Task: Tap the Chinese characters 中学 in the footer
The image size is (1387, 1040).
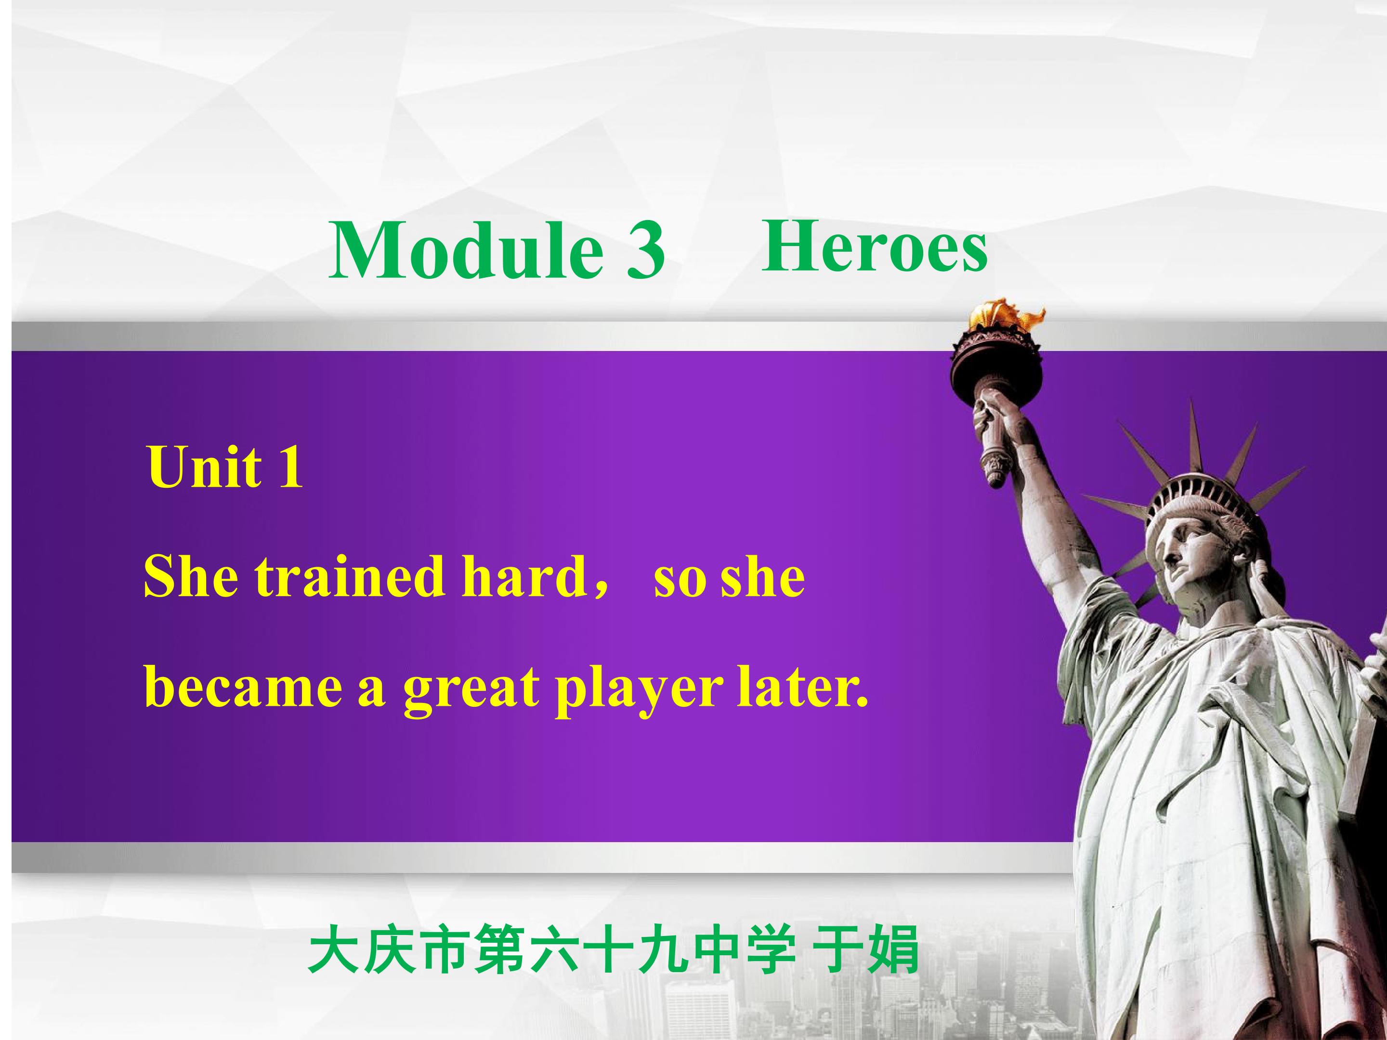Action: [733, 950]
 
